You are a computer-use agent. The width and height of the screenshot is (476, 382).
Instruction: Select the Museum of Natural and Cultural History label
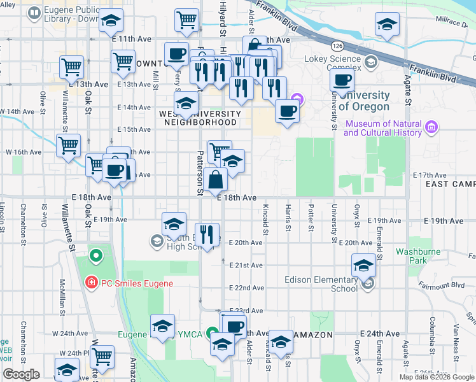[x=383, y=128]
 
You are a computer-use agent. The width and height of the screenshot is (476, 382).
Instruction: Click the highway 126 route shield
[x=337, y=46]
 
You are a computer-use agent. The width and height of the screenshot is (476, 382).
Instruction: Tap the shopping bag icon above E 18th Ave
[x=216, y=180]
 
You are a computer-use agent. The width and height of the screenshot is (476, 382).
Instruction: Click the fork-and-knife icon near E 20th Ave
[x=207, y=235]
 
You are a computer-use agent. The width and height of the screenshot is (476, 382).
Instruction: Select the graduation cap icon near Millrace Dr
[x=387, y=25]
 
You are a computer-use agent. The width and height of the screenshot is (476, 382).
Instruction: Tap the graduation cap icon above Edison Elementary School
[x=363, y=265]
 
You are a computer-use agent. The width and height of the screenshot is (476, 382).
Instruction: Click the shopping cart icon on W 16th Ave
[x=68, y=145]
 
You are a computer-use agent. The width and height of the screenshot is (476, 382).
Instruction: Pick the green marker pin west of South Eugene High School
[x=96, y=257]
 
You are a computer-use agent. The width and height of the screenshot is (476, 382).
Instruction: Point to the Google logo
[x=21, y=374]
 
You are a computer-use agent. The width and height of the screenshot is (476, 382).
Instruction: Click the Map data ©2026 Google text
[x=436, y=377]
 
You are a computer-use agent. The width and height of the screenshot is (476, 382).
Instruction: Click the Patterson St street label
[x=199, y=172]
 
